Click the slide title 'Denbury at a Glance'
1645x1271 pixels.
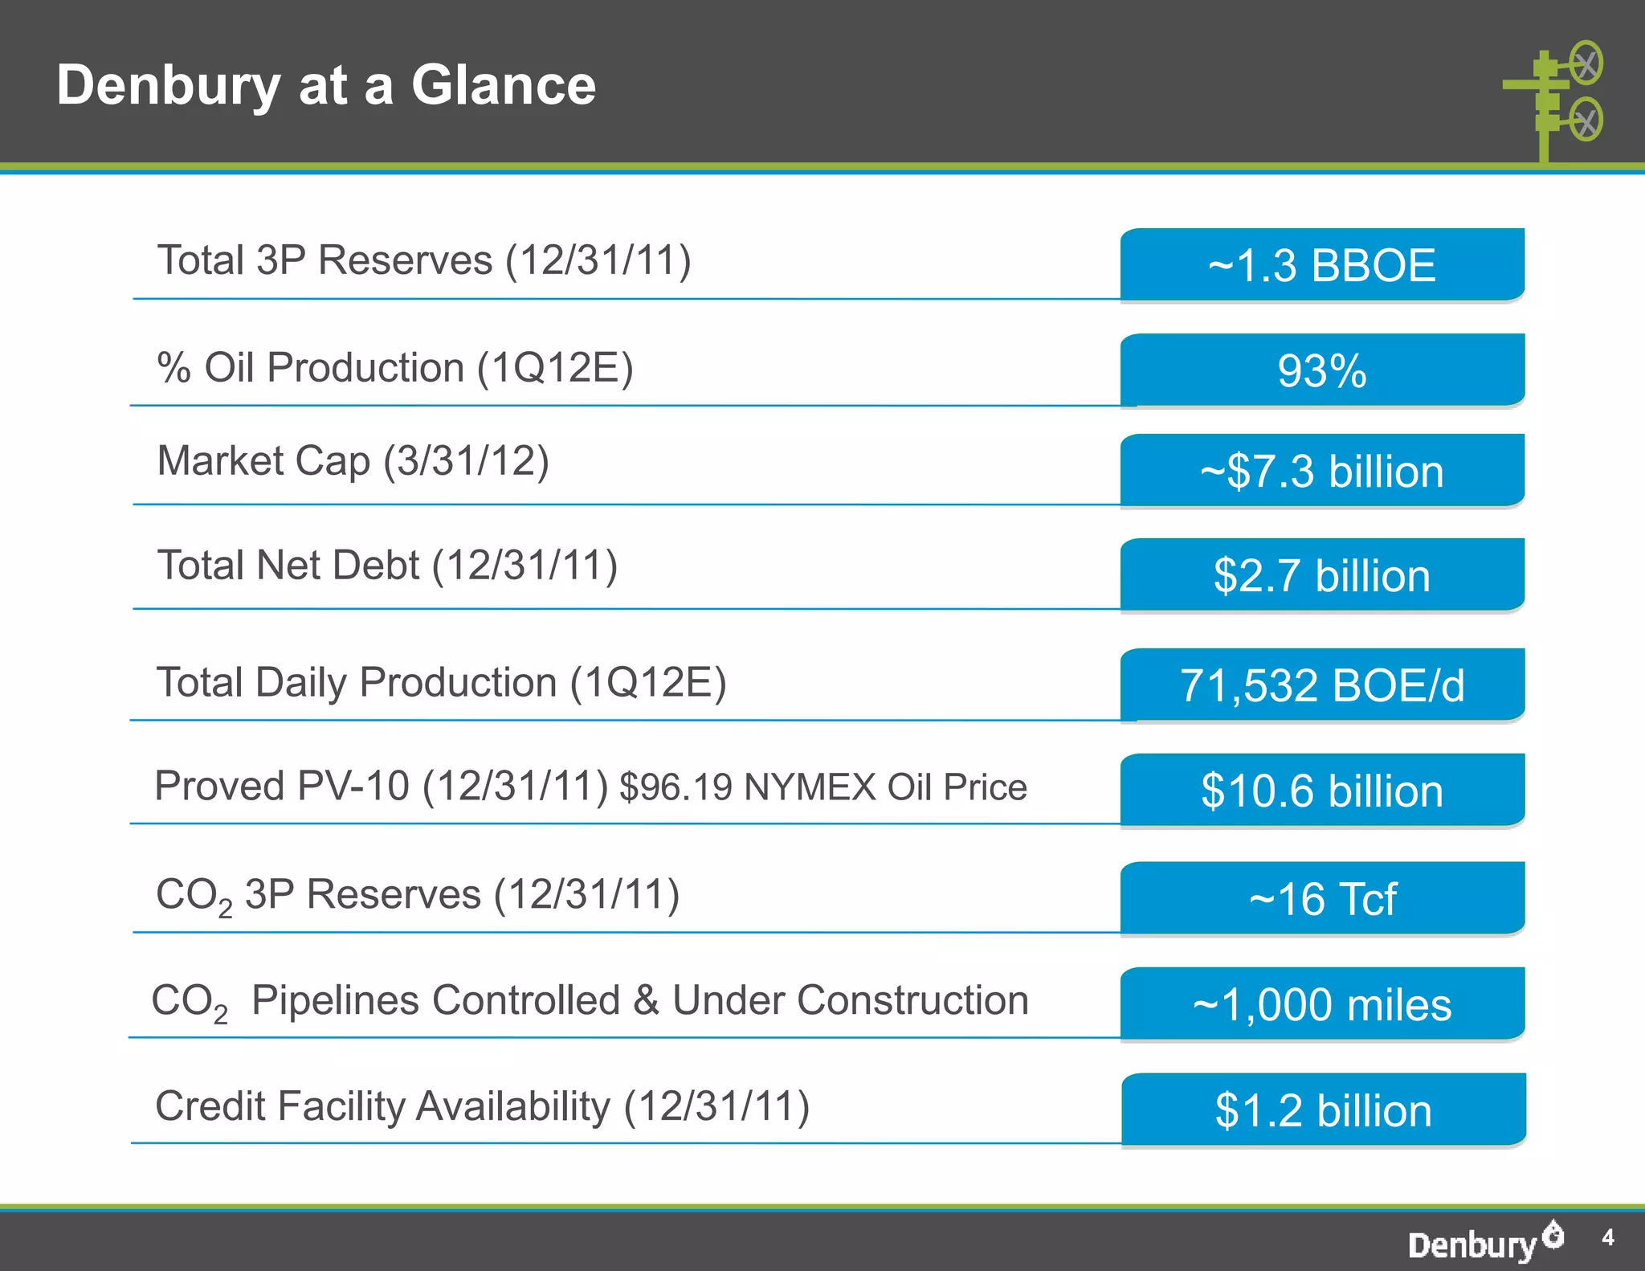326,85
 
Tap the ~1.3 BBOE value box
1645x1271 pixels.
1322,265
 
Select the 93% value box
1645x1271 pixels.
1322,370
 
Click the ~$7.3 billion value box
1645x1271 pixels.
1322,471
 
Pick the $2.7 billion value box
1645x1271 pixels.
1322,575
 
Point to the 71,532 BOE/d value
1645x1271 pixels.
1322,685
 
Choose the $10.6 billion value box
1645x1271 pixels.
1322,791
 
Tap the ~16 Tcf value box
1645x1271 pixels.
1322,898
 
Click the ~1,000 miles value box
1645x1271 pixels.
1322,1004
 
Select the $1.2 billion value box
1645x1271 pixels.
1324,1110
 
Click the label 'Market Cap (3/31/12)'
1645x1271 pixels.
353,461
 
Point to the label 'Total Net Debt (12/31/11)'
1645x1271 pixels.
387,566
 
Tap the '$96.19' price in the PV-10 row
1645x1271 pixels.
676,787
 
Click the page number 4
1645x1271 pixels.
1607,1237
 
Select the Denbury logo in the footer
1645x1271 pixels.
1484,1242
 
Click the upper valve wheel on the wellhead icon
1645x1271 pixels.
1586,63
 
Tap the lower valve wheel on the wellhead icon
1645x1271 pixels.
1586,120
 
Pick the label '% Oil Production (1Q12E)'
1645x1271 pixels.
395,368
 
